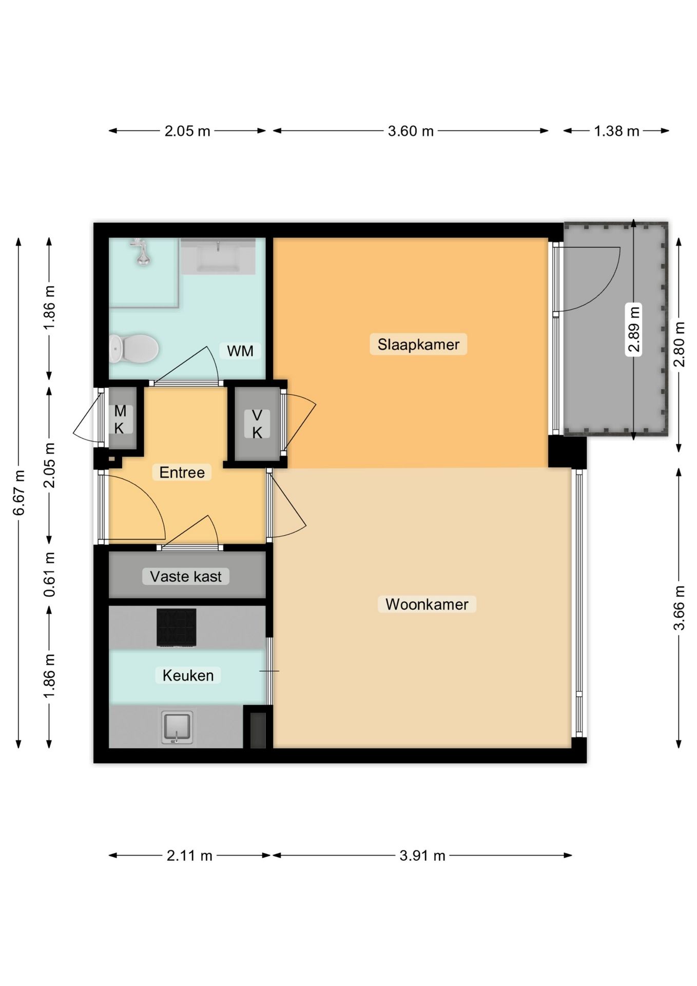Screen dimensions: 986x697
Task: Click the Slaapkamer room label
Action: click(x=418, y=344)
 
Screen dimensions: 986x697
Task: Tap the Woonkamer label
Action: click(x=427, y=604)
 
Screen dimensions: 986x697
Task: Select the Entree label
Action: click(x=182, y=472)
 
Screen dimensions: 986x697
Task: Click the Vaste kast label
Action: click(x=186, y=576)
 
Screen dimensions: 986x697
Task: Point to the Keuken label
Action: click(x=188, y=675)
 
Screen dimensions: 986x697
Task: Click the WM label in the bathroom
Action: click(x=240, y=351)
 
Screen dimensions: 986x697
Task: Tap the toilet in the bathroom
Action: click(x=134, y=348)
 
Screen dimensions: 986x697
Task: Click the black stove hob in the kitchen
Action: click(x=176, y=627)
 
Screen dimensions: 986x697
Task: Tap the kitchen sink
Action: click(x=177, y=727)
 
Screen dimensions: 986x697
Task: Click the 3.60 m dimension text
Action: click(x=411, y=131)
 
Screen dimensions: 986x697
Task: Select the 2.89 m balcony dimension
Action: click(x=634, y=329)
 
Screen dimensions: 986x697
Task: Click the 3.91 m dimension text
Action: click(x=422, y=856)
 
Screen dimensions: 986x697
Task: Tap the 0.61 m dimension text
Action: click(x=49, y=575)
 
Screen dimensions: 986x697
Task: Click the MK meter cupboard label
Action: click(x=120, y=419)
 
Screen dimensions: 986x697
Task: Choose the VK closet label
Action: click(x=257, y=424)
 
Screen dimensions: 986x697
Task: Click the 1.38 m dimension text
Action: click(x=616, y=131)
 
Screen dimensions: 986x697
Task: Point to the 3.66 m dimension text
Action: click(x=679, y=608)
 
